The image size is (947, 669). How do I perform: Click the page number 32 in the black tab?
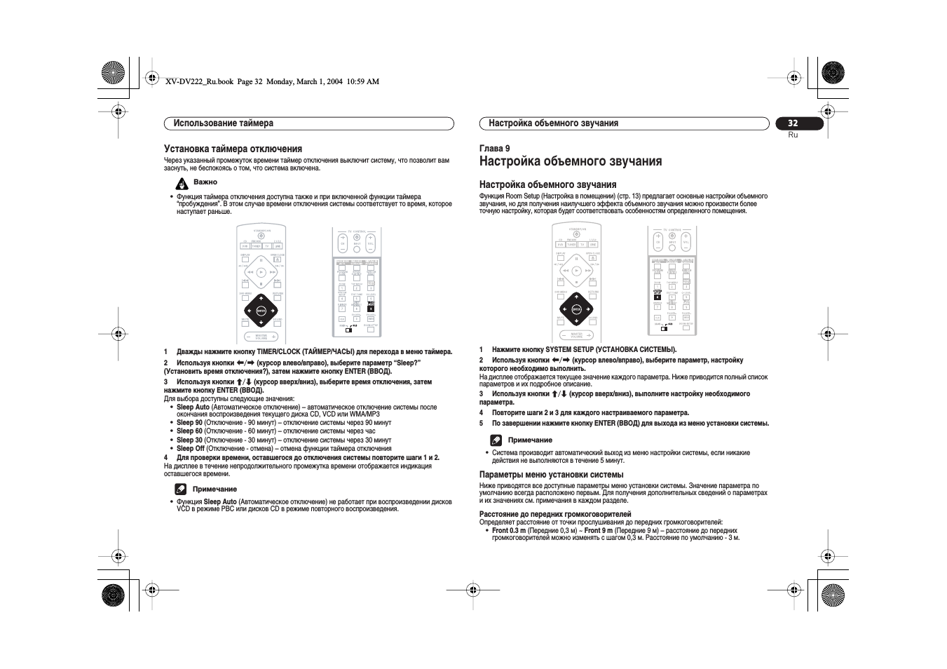click(793, 123)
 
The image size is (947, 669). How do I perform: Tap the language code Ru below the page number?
click(793, 135)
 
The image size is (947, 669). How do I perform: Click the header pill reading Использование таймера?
click(308, 123)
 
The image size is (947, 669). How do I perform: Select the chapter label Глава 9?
click(494, 148)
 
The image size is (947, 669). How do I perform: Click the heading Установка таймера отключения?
click(233, 149)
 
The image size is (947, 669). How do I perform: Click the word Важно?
click(205, 182)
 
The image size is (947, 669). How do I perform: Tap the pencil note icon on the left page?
click(181, 489)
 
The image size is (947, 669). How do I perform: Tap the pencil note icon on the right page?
click(496, 440)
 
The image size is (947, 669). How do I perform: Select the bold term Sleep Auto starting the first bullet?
click(193, 407)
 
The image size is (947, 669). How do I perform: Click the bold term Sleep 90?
click(189, 423)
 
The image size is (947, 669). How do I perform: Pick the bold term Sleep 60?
click(189, 431)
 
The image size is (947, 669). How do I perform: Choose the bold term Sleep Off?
click(191, 449)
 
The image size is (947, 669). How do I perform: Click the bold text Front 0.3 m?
click(508, 531)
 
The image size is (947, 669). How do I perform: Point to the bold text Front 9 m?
click(598, 531)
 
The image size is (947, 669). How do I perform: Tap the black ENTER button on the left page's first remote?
click(261, 310)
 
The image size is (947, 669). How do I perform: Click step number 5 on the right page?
click(482, 424)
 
